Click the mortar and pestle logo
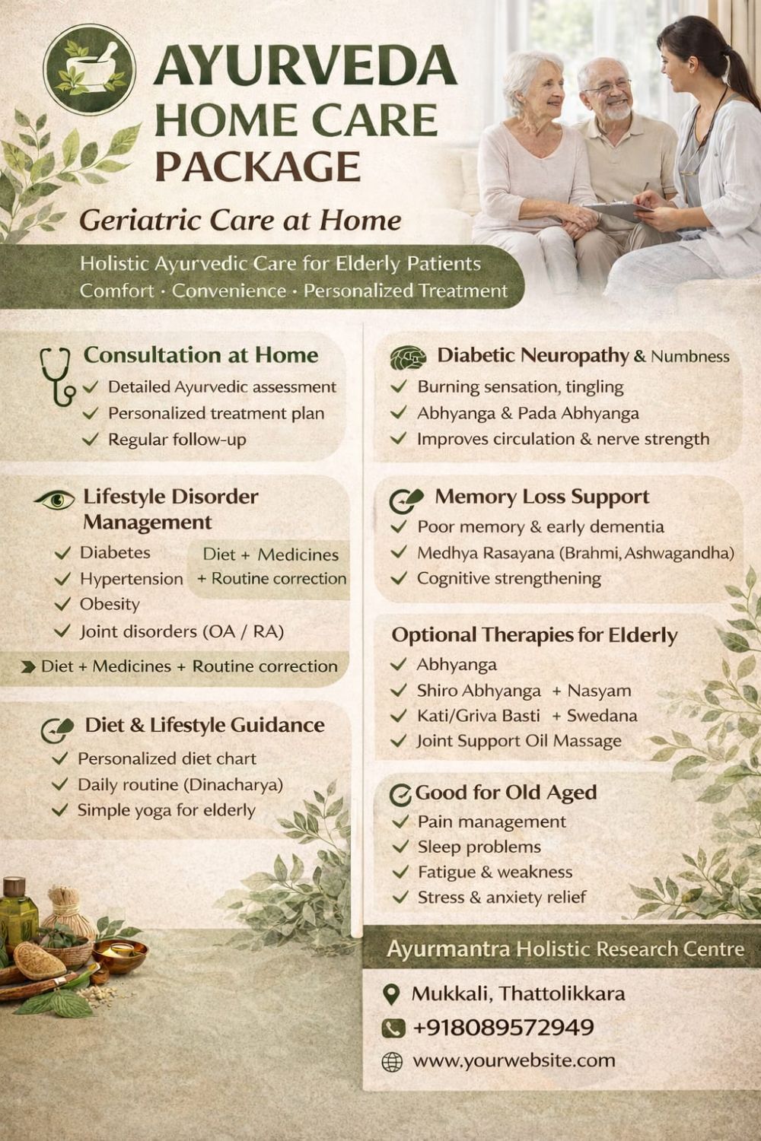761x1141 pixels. point(90,69)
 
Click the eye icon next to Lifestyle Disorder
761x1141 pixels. point(55,499)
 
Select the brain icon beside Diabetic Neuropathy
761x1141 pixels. point(408,358)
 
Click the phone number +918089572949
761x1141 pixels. point(503,1027)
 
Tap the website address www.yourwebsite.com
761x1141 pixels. point(514,1061)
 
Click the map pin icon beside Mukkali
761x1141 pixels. point(391,994)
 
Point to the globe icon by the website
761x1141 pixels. point(392,1062)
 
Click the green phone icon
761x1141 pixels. point(393,1028)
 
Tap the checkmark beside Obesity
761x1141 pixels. point(62,604)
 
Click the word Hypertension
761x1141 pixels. point(132,579)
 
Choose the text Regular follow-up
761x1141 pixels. point(177,439)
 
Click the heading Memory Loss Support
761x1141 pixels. point(542,497)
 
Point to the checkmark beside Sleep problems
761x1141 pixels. point(400,846)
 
